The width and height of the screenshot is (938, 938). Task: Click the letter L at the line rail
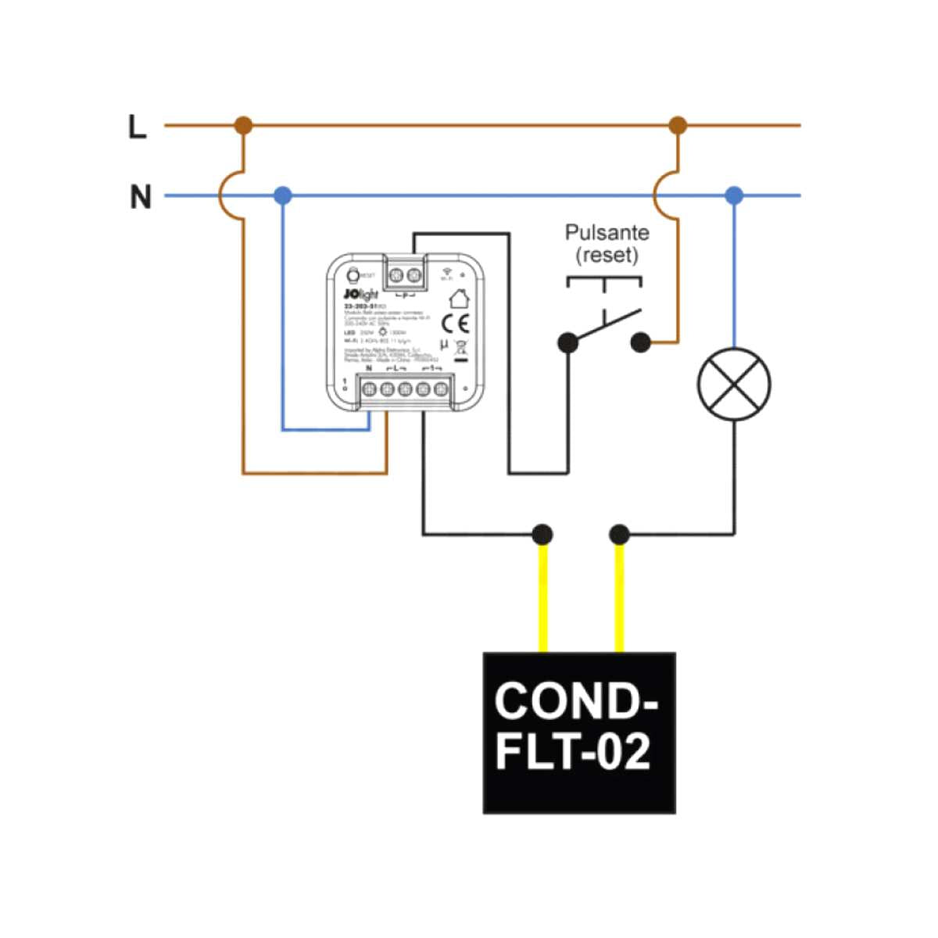tap(138, 127)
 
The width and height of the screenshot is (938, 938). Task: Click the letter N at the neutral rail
tap(140, 197)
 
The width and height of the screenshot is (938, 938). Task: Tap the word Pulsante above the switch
tap(607, 233)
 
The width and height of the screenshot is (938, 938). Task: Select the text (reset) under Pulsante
tap(607, 256)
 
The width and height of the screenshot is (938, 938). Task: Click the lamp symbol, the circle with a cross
tap(733, 385)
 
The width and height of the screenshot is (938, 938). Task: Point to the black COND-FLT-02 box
tap(578, 732)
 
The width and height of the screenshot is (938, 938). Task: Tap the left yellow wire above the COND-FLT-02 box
tap(542, 598)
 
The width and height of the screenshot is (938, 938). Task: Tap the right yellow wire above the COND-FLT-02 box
tap(619, 598)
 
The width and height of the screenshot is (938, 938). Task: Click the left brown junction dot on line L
tap(244, 125)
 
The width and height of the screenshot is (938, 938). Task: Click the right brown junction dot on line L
tap(678, 125)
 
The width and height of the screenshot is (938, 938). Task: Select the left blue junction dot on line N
tap(283, 195)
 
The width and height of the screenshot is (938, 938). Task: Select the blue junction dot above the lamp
tap(733, 195)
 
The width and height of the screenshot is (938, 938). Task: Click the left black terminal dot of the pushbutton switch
tap(568, 342)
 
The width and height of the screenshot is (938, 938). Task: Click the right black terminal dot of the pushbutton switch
tap(640, 342)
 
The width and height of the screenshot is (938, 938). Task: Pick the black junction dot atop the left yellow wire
tap(542, 535)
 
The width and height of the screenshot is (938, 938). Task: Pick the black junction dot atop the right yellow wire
tap(619, 535)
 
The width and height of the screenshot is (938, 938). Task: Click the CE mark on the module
tap(455, 323)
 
